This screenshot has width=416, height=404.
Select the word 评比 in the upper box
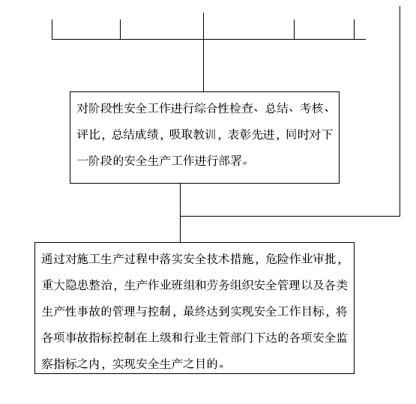click(x=88, y=134)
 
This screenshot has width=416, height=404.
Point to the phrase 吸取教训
click(x=193, y=134)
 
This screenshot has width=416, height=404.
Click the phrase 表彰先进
click(x=251, y=134)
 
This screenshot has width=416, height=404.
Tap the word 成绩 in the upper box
click(x=147, y=134)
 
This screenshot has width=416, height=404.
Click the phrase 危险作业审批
click(x=301, y=259)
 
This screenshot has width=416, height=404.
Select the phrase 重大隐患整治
click(x=77, y=285)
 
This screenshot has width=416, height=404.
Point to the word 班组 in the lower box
click(x=183, y=285)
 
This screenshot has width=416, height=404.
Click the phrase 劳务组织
click(x=230, y=285)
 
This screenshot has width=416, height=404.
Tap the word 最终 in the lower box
click(x=195, y=311)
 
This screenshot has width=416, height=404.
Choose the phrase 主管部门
click(x=230, y=338)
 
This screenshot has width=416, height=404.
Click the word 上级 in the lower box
click(x=159, y=338)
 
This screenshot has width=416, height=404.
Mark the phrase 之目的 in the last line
click(x=201, y=364)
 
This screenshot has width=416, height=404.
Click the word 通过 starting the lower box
click(x=53, y=259)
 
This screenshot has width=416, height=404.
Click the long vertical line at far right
click(x=400, y=112)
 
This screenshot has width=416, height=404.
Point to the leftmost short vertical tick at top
click(x=52, y=29)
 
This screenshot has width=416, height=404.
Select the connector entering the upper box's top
click(x=203, y=52)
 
